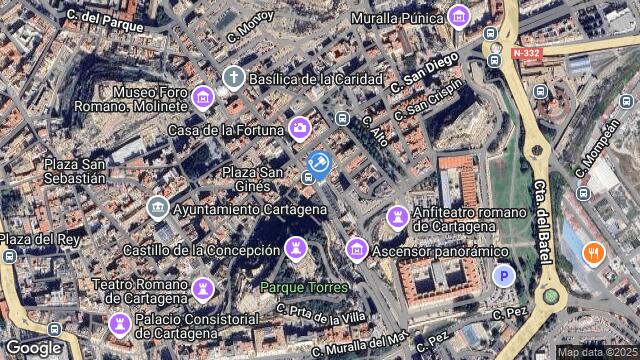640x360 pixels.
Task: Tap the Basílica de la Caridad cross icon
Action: [233, 77]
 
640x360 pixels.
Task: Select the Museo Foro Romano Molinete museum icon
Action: [203, 97]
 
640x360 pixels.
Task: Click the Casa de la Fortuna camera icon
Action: [298, 128]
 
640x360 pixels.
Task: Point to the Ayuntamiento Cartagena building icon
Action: [157, 208]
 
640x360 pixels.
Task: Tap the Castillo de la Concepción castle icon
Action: [297, 247]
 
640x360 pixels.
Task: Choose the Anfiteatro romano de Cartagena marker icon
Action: [398, 216]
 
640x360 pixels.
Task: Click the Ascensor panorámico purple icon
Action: [356, 248]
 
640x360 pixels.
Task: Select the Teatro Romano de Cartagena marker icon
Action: [203, 290]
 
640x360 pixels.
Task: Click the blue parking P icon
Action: [505, 276]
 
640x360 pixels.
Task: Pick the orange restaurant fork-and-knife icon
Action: [593, 252]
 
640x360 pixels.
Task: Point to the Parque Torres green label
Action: [304, 287]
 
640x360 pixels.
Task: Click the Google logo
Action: [34, 347]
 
